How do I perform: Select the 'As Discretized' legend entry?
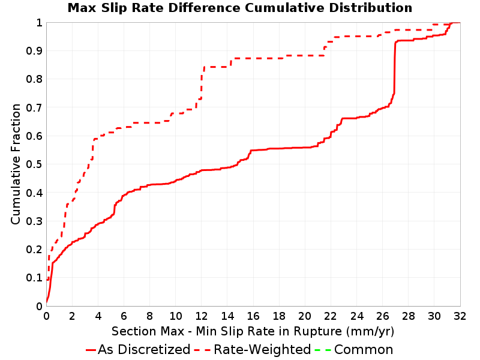(x=138, y=349)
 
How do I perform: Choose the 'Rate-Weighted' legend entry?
(x=253, y=349)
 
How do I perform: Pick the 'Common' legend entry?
(x=354, y=349)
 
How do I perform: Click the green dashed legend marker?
(x=323, y=350)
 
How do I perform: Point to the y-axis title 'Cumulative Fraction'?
(x=16, y=164)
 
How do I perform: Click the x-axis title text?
(x=253, y=332)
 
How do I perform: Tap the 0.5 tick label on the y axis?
(x=34, y=164)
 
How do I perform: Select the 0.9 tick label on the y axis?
(x=34, y=50)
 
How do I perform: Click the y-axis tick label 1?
(x=39, y=22)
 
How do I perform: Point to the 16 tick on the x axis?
(x=253, y=316)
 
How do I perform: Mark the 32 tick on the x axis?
(x=460, y=316)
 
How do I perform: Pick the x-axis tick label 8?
(x=149, y=316)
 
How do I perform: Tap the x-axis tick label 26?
(x=382, y=316)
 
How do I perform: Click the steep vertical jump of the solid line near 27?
(x=395, y=67)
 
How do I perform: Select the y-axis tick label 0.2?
(x=34, y=249)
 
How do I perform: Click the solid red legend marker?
(x=91, y=350)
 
